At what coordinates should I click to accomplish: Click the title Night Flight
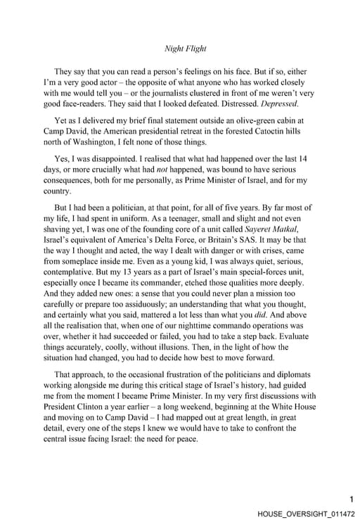coord(185,49)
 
